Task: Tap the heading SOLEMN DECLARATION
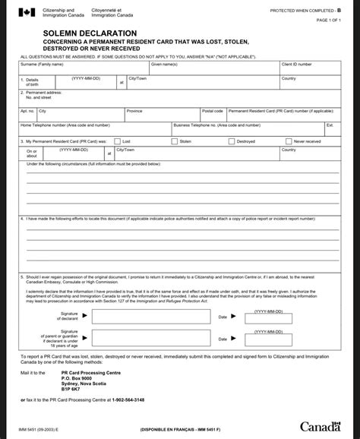[68, 34]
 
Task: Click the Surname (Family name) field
[84, 69]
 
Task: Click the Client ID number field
[307, 69]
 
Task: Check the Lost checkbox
[117, 141]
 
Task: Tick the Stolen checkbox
[175, 141]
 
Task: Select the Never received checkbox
[288, 141]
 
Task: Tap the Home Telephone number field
[94, 128]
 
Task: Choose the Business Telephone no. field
[248, 128]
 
